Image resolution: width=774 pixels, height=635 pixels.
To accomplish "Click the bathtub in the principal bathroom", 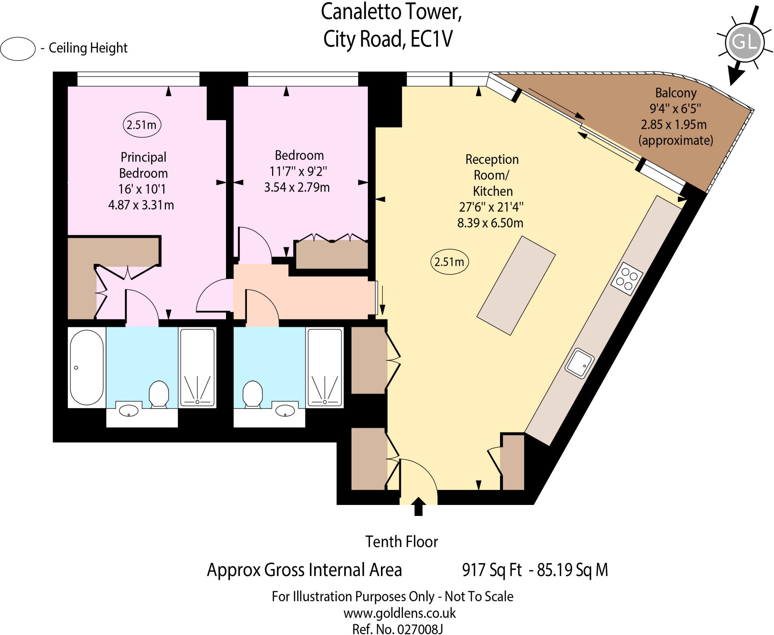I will tap(87, 367).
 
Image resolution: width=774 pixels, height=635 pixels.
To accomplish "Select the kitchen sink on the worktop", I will tap(579, 363).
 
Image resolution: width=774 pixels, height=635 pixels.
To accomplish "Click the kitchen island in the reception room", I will tap(516, 285).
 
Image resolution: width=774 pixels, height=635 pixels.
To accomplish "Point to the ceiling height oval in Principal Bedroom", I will tap(142, 125).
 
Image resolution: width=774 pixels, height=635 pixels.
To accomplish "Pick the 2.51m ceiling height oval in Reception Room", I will tap(449, 262).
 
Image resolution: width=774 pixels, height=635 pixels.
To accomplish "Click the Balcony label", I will tap(676, 93).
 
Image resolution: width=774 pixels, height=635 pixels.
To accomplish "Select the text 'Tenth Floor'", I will tap(401, 542).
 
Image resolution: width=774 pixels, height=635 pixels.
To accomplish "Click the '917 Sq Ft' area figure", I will tap(492, 570).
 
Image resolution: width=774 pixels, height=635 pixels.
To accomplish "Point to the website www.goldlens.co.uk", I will tap(399, 613).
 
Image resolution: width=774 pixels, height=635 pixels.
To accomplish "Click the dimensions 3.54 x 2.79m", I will tap(297, 187).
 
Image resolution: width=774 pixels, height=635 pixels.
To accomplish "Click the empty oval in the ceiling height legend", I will tap(18, 49).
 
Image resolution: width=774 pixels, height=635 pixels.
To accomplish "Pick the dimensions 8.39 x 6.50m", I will tap(490, 223).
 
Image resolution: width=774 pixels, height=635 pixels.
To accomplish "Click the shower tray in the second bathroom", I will tap(325, 367).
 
